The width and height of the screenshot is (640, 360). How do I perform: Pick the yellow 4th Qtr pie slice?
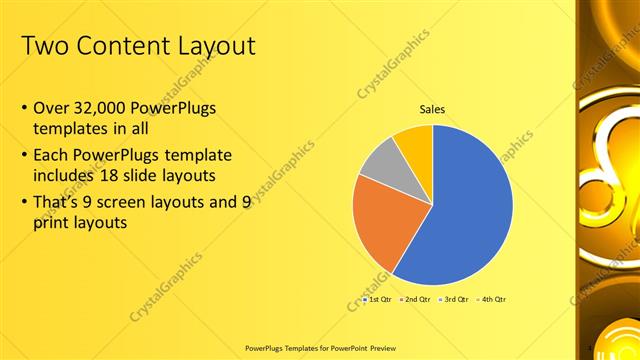pos(414,143)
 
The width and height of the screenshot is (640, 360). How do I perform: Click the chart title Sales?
pos(432,109)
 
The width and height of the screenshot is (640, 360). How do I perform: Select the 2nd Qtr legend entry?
pos(416,300)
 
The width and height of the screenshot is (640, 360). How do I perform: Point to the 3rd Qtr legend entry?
pos(456,300)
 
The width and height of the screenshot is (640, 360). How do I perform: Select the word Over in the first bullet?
pos(51,108)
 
